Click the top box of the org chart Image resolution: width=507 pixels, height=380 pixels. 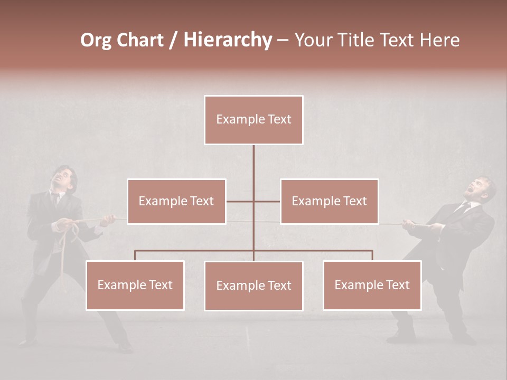point(253,120)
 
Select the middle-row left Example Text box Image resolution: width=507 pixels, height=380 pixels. point(176,201)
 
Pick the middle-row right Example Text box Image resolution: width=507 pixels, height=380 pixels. point(329,201)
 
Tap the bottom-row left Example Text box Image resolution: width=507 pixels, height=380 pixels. point(135,285)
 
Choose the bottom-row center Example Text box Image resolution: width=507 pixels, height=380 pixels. point(253,286)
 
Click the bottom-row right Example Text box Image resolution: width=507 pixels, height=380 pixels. point(372,285)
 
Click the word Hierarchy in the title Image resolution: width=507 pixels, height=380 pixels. point(228,40)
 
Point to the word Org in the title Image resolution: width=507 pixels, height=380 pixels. point(96,40)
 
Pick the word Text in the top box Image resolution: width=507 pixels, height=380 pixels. point(278,119)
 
